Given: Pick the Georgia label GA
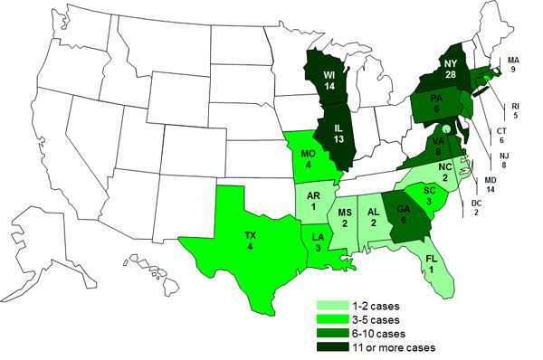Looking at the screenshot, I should click(x=403, y=212).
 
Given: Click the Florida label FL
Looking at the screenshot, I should click(x=433, y=260).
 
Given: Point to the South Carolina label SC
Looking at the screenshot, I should click(x=428, y=190).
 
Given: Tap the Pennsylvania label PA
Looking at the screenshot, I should click(x=434, y=100).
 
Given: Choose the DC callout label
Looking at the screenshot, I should click(x=476, y=215).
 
